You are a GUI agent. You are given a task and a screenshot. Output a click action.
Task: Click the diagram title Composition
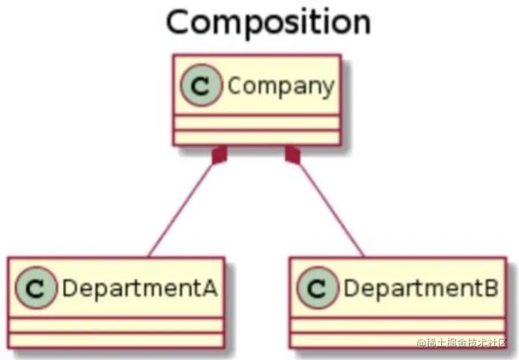tap(268, 22)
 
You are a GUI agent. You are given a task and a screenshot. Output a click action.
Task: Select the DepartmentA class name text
tap(139, 288)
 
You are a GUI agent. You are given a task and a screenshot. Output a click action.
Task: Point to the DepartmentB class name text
tap(421, 288)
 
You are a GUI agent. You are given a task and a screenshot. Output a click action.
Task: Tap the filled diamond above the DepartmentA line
tap(220, 154)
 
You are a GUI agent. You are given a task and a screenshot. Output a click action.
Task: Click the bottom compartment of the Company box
tap(257, 137)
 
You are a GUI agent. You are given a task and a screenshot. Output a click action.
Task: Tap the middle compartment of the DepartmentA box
tap(116, 325)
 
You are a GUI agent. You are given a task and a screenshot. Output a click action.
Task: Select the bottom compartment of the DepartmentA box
tap(116, 340)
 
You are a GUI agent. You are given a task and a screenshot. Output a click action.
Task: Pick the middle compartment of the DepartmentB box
tap(397, 325)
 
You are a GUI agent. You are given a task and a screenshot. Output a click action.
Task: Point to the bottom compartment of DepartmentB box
tap(397, 340)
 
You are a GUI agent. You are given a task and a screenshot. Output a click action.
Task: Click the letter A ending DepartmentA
tap(209, 288)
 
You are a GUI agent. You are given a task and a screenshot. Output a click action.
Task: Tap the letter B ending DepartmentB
tap(490, 288)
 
